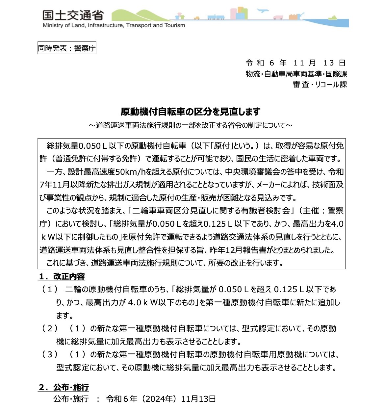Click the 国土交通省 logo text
tap(73, 15)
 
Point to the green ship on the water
tap(333, 18)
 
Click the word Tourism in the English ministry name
tap(175, 25)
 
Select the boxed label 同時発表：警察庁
tap(67, 48)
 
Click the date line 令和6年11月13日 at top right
tap(295, 63)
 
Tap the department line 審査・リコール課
tap(320, 85)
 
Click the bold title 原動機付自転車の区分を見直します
tap(190, 112)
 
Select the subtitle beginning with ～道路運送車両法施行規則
tap(190, 125)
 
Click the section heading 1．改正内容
tap(62, 277)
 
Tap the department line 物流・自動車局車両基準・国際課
tap(296, 74)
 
